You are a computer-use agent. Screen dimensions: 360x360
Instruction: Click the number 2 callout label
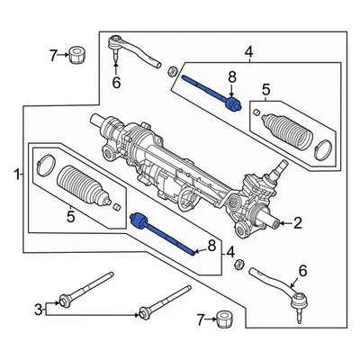click(298, 222)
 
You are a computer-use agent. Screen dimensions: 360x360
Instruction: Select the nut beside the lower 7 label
click(226, 319)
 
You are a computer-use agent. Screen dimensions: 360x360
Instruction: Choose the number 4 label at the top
click(249, 55)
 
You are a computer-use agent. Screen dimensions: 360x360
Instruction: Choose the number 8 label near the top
click(231, 78)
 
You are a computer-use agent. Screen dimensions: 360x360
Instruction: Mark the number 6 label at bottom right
click(302, 270)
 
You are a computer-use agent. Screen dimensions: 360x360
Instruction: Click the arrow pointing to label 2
click(282, 222)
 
